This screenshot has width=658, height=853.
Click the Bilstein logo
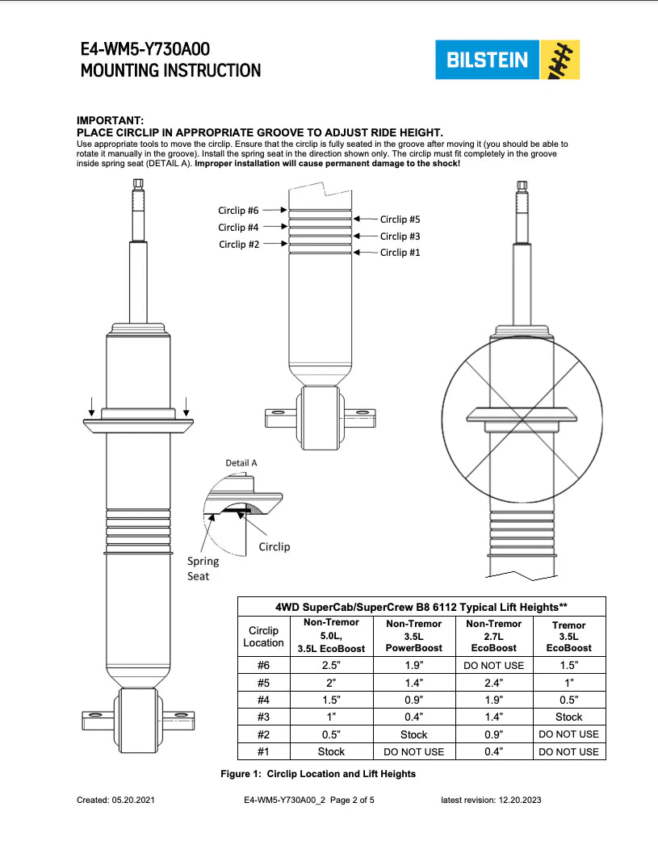click(505, 60)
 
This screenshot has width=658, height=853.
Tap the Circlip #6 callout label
click(238, 211)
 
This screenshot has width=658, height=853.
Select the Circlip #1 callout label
click(400, 253)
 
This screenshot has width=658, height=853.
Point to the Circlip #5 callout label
click(400, 219)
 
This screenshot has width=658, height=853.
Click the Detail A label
click(241, 463)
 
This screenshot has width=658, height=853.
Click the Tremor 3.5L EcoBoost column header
click(568, 636)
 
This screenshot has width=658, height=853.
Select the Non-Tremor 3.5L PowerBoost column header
click(414, 636)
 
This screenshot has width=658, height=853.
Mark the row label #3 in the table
click(263, 717)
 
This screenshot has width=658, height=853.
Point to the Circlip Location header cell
click(263, 636)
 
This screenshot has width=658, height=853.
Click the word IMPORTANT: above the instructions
click(110, 120)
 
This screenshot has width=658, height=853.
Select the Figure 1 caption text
click(318, 774)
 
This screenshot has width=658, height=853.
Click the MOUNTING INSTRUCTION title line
click(170, 70)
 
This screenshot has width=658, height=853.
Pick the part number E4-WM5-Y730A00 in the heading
click(145, 49)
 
